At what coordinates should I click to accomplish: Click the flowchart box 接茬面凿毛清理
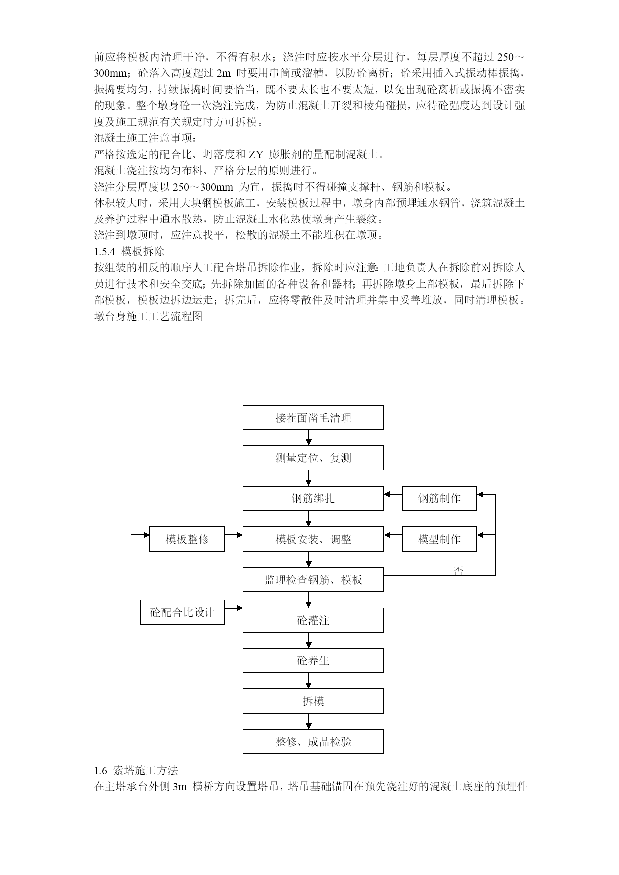(313, 418)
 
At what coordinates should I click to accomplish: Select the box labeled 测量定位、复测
(313, 458)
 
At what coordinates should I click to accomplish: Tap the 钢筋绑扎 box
(313, 498)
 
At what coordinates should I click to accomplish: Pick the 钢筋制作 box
(439, 498)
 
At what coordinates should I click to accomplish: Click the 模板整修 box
(187, 539)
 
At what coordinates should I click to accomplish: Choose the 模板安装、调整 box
(313, 539)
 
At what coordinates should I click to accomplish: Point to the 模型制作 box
(439, 539)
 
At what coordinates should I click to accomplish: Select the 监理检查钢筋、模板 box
(313, 580)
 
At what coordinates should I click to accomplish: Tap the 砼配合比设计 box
(182, 612)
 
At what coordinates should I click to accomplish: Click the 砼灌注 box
(313, 620)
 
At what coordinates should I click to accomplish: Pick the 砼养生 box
(313, 661)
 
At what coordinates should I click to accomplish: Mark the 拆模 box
(313, 701)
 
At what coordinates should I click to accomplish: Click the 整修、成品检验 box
(313, 742)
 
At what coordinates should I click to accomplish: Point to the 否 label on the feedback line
(458, 571)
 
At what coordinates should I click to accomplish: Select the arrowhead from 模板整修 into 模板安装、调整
(239, 535)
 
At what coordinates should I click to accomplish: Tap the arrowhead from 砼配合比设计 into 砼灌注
(239, 608)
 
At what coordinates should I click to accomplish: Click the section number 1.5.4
(105, 251)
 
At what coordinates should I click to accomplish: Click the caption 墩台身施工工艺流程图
(148, 316)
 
